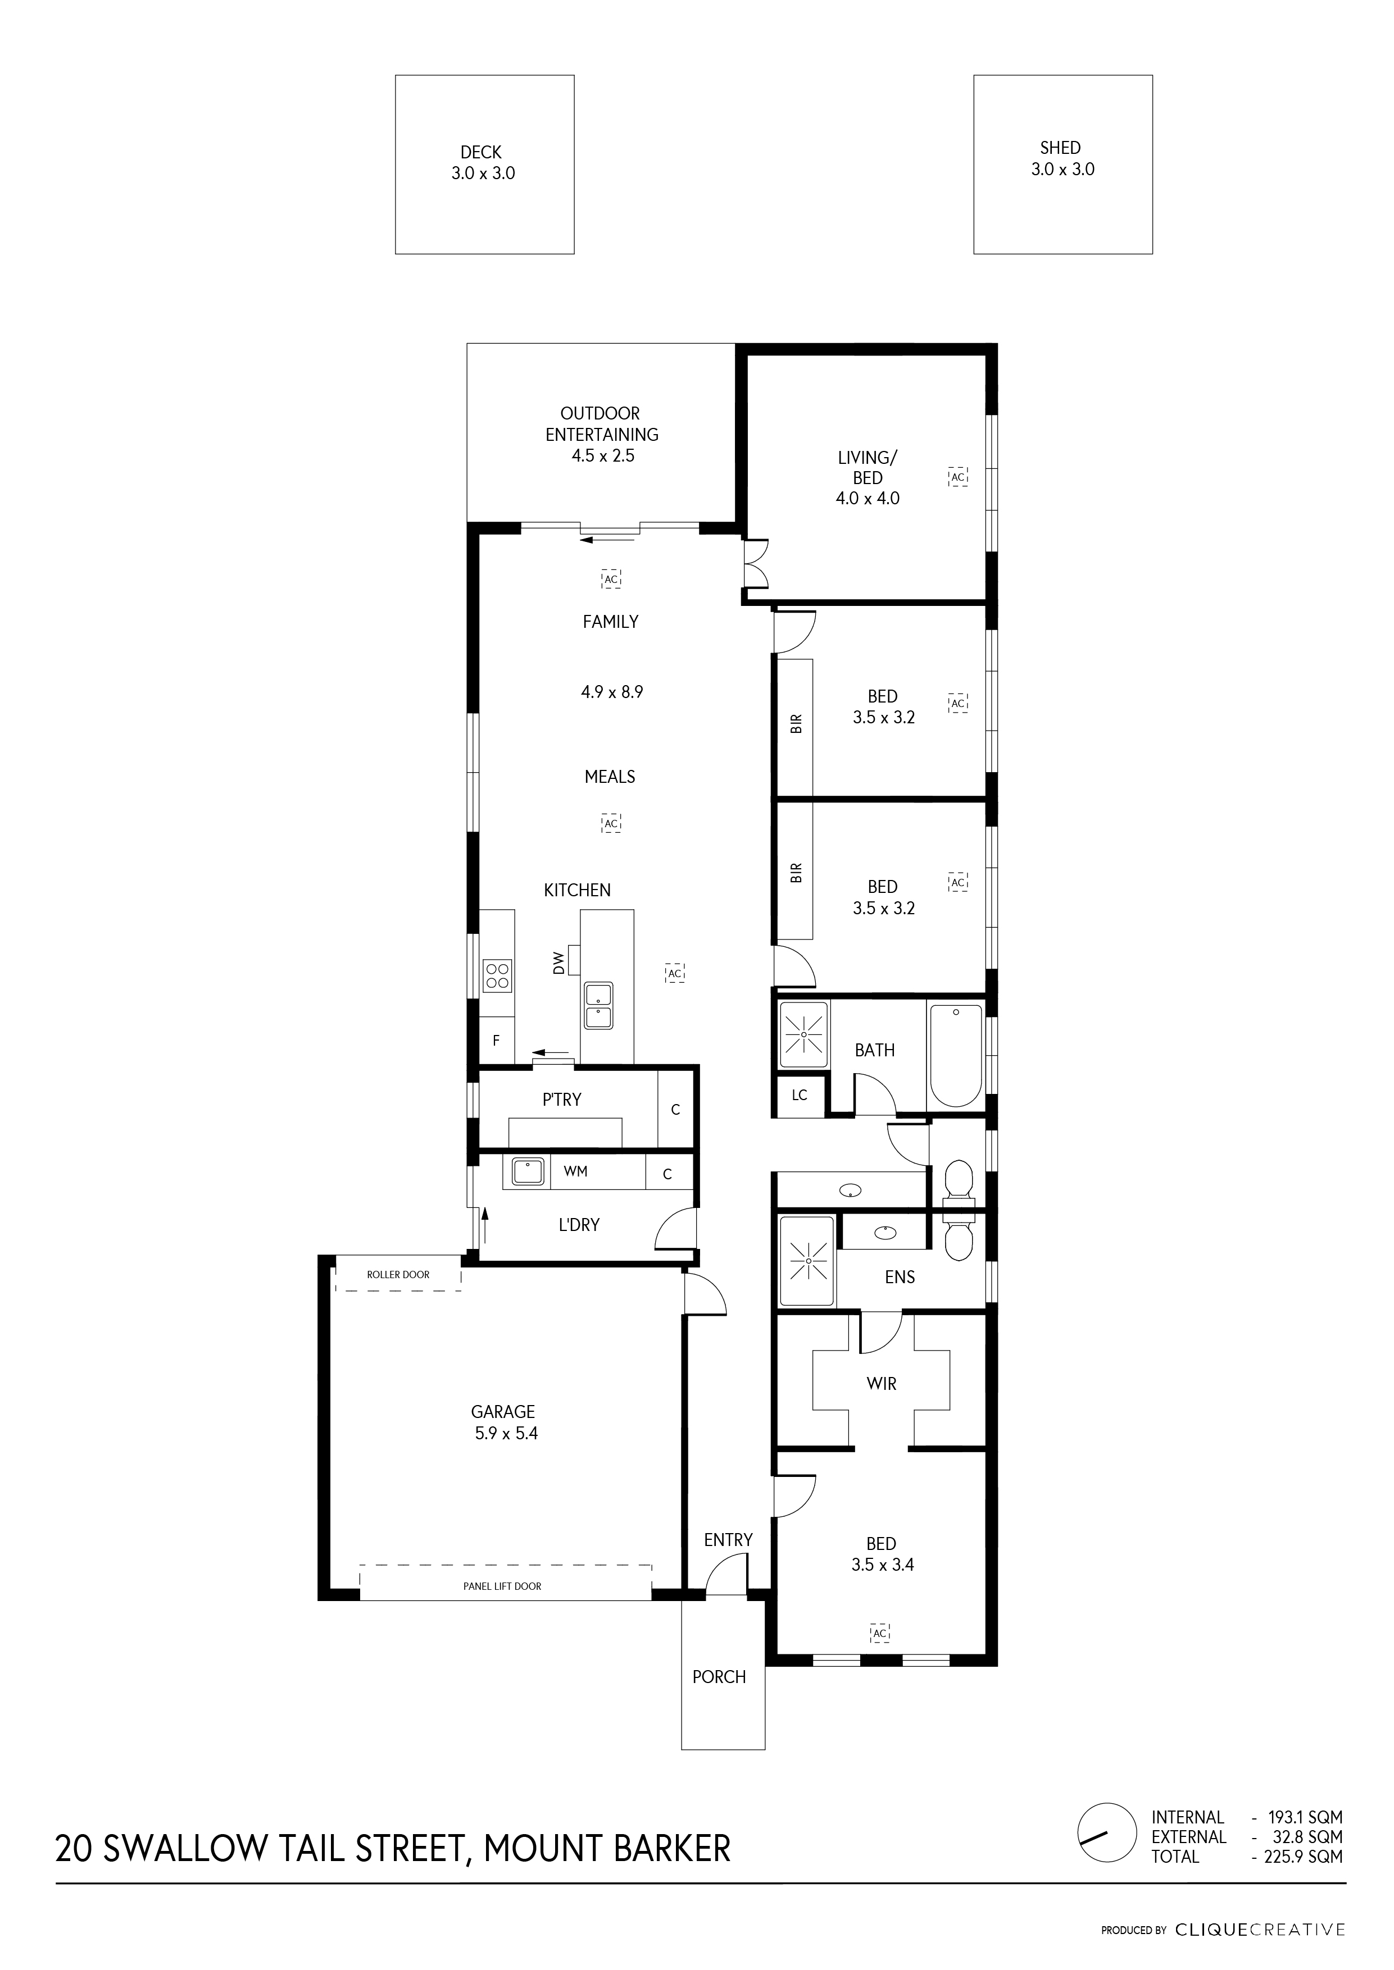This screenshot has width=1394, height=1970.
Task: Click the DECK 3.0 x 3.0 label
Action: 483,163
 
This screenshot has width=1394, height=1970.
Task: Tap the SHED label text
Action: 1060,148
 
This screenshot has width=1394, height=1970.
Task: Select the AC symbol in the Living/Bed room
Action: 958,477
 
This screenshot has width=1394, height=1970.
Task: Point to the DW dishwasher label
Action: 560,963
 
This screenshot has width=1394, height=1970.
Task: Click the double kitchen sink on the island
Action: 598,1006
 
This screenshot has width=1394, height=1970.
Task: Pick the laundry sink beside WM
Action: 527,1171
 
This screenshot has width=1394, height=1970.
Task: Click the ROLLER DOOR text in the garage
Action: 398,1275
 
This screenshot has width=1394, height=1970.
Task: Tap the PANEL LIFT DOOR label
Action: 502,1586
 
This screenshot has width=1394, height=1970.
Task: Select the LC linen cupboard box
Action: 799,1096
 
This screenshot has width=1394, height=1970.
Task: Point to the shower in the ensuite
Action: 806,1260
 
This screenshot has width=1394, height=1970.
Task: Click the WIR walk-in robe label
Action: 882,1384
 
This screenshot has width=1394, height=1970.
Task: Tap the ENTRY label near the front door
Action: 728,1540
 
